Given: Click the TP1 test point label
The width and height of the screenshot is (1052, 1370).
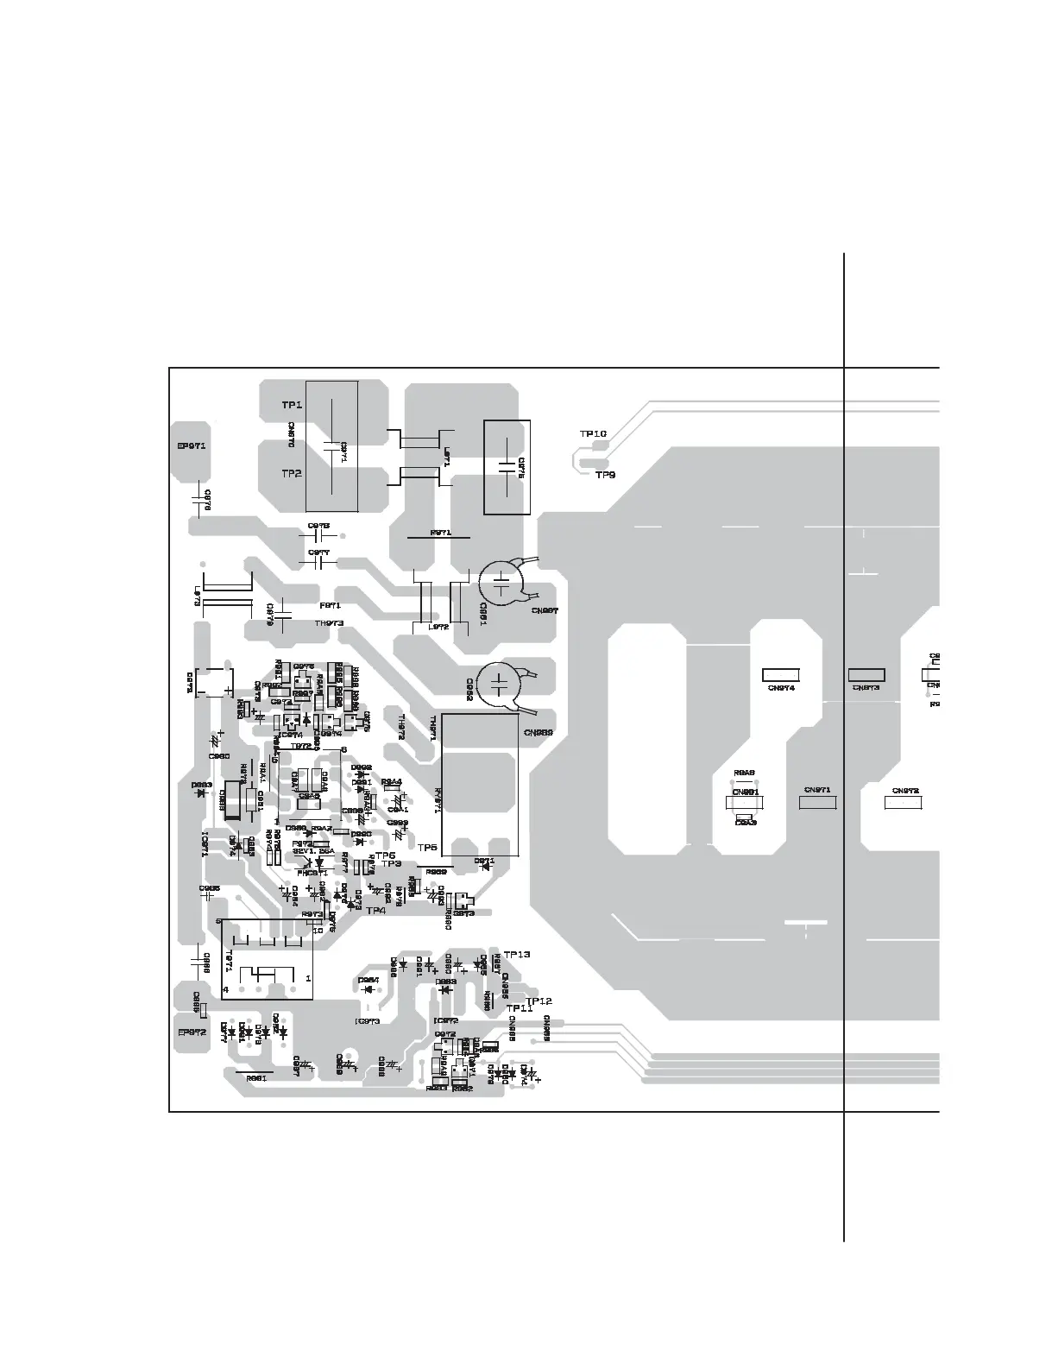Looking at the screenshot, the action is pos(292,405).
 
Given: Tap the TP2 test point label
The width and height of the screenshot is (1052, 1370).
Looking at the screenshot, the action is pos(292,474).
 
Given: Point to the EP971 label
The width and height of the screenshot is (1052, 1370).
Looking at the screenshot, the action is pos(191,446).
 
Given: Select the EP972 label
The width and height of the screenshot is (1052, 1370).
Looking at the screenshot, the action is pos(191,1032).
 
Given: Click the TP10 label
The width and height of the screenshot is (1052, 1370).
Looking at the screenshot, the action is pos(593,433).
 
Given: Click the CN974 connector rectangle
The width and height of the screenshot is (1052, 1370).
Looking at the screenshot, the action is pos(782,675).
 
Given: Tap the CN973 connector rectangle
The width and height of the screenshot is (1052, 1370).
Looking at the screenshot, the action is pos(866,675).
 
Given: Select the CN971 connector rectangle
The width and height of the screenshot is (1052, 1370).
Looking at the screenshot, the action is pos(817,803).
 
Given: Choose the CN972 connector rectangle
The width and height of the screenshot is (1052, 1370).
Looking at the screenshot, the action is pos(904,803).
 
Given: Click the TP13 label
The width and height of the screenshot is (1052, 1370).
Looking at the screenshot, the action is pos(516,955).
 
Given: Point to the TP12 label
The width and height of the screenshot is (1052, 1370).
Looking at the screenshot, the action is pos(539,1001).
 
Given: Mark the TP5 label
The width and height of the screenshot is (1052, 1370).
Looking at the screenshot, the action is pos(428,848).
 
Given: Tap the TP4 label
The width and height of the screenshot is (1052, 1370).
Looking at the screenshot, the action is pos(375,910).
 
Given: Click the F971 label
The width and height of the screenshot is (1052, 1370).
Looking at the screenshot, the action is pos(330,606).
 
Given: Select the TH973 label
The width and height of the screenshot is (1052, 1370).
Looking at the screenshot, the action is pos(329,622).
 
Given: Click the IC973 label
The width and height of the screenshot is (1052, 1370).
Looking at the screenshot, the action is pos(368,1021).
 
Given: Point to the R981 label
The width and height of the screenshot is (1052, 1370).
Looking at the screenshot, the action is pos(256,1078).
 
